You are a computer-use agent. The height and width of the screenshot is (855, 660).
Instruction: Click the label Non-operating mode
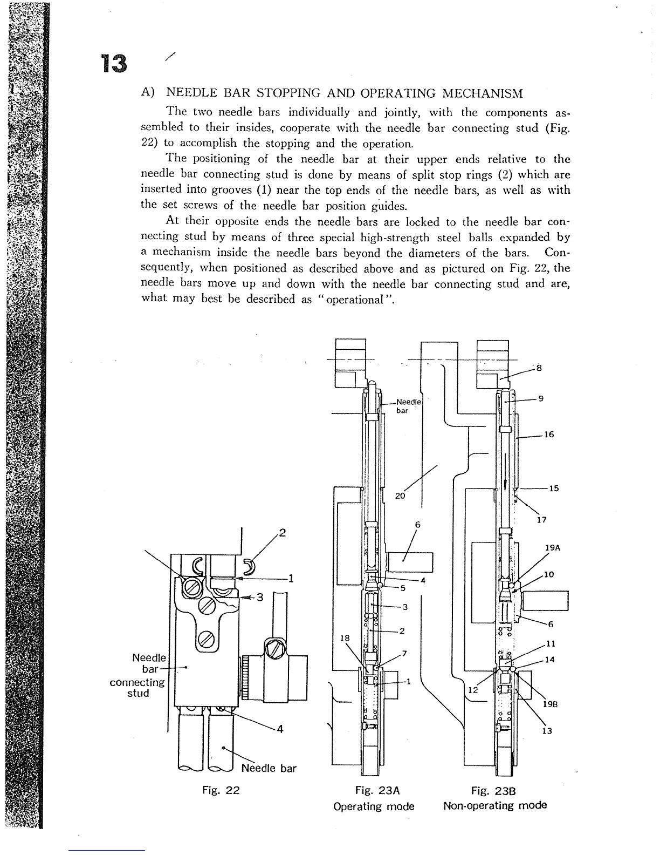494,806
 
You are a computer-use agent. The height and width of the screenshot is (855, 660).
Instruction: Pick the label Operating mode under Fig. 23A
374,806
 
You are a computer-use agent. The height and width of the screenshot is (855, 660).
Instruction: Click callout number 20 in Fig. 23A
400,496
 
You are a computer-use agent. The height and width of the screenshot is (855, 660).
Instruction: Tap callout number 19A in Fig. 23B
553,547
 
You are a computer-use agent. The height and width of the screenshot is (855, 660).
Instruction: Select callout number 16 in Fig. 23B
549,434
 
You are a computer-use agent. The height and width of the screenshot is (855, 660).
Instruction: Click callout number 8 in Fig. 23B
539,369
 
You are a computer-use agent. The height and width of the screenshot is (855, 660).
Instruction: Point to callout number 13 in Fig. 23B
547,731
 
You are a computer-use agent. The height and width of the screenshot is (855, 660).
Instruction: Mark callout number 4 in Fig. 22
279,730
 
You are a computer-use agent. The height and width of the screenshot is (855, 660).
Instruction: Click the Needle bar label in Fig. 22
269,768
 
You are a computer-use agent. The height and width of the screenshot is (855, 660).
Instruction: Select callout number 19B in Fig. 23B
550,704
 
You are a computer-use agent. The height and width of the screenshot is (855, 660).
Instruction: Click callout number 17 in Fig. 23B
542,520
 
